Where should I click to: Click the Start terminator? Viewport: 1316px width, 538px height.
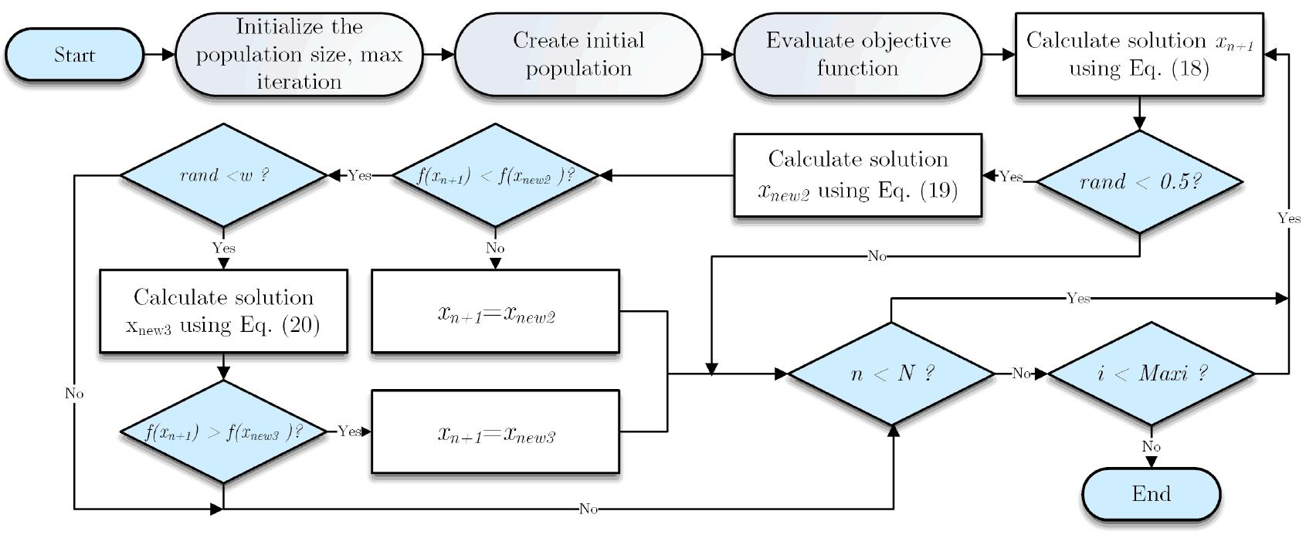pos(74,55)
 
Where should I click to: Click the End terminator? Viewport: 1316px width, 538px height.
pos(1151,494)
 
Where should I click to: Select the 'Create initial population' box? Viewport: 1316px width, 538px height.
pos(578,54)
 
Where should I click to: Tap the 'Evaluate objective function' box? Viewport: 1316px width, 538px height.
pos(857,54)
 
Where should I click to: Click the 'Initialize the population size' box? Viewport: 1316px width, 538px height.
pos(299,54)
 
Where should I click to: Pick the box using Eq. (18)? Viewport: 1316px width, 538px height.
pos(1138,54)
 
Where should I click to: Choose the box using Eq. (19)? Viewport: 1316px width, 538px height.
pos(857,175)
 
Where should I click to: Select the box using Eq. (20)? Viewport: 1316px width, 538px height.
pos(223,311)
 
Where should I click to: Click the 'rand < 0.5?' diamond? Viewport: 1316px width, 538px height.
pos(1139,182)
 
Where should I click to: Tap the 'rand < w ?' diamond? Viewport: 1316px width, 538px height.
pos(223,175)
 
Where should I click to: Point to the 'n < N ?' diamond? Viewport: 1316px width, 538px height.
pos(891,374)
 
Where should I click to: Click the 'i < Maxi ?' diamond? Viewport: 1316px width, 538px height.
pos(1151,374)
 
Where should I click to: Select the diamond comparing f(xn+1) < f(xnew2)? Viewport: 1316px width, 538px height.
pos(495,175)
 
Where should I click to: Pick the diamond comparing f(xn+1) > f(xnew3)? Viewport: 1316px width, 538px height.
pos(223,431)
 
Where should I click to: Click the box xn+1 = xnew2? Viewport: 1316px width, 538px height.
pos(495,311)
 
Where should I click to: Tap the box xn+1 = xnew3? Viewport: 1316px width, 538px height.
pos(495,431)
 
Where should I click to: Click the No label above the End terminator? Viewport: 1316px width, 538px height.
pos(1151,447)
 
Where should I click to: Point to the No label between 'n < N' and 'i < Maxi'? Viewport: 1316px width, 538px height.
pos(1021,374)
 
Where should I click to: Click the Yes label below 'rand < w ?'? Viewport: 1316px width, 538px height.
pos(223,249)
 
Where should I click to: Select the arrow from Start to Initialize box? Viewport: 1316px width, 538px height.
pos(159,55)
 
